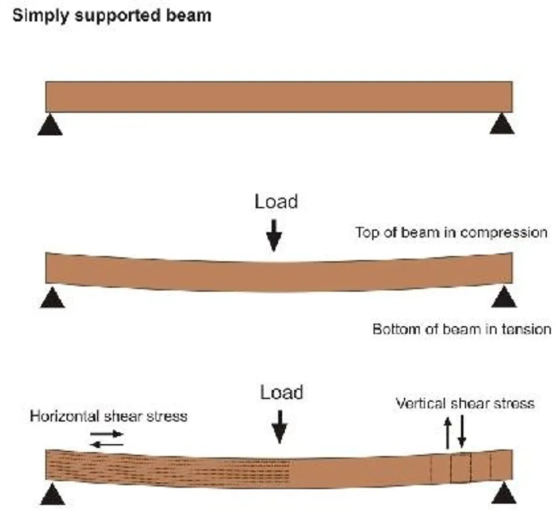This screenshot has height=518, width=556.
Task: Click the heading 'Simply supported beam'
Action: pos(112,15)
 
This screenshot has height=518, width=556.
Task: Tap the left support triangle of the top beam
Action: pos(50,125)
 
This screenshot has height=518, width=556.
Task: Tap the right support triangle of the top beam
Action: pos(502,124)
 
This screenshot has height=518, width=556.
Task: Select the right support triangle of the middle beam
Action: pos(504,298)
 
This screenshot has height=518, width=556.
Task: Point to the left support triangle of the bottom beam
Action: pos(53,494)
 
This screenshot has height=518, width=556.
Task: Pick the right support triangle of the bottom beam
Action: pos(504,494)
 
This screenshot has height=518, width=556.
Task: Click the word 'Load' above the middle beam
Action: pos(277,201)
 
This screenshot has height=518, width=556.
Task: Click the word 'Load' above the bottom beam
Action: pos(282,393)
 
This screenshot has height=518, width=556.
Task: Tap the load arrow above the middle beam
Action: pos(275,236)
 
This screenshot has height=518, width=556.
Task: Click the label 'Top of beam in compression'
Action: pos(451,233)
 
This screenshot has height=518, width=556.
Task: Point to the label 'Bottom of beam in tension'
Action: pos(462,329)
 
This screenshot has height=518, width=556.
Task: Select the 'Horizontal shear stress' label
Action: pos(109,416)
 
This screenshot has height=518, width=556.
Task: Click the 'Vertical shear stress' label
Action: pos(465,403)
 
